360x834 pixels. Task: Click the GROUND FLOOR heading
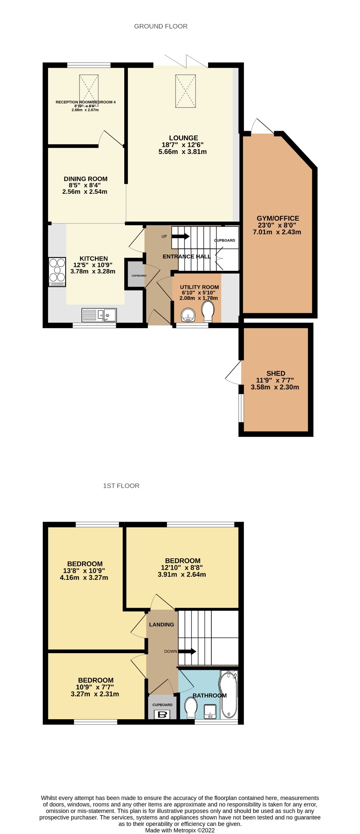pyautogui.click(x=161, y=26)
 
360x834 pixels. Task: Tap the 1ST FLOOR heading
pyautogui.click(x=121, y=486)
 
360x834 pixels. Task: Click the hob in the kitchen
pyautogui.click(x=57, y=272)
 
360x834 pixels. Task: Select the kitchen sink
pyautogui.click(x=99, y=315)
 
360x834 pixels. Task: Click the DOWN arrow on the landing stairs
pyautogui.click(x=187, y=651)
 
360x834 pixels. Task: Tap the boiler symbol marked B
pyautogui.click(x=162, y=714)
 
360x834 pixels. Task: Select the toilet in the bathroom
pyautogui.click(x=191, y=708)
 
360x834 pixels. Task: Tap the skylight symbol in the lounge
pyautogui.click(x=185, y=91)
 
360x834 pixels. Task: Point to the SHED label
pyautogui.click(x=276, y=373)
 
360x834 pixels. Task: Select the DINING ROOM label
pyautogui.click(x=86, y=179)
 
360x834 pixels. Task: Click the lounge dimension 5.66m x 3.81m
pyautogui.click(x=182, y=152)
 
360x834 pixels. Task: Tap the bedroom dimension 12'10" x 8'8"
pyautogui.click(x=182, y=568)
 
